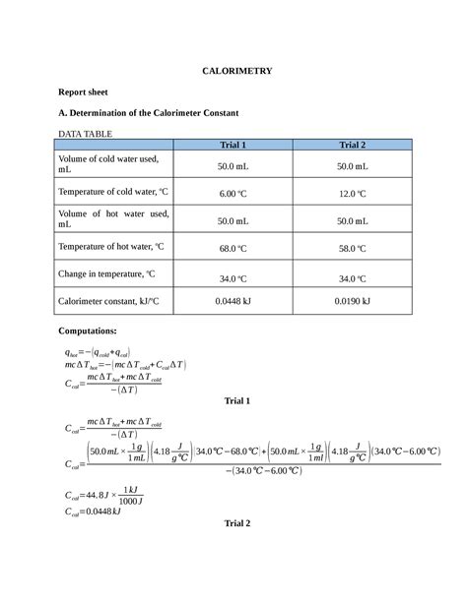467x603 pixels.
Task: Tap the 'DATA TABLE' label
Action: point(86,133)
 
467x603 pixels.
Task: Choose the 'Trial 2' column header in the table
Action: point(352,145)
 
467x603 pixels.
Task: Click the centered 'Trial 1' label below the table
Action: point(237,400)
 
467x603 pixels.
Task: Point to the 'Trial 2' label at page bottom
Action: point(237,523)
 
